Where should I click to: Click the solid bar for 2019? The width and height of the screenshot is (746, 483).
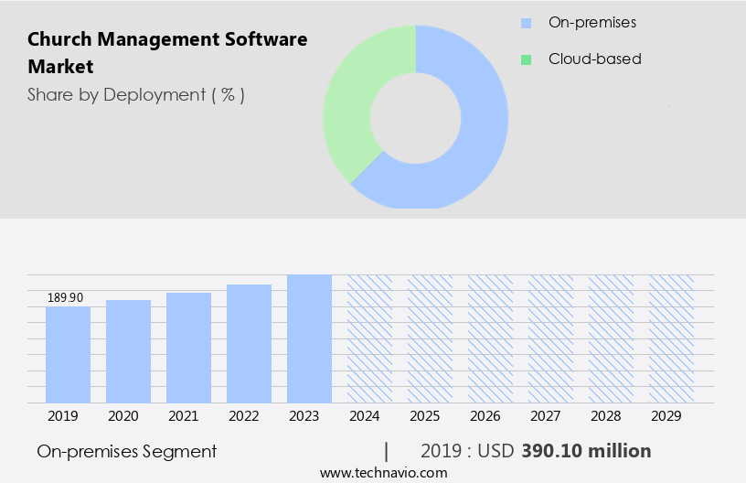pos(68,355)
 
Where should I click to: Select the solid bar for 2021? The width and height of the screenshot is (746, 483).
pos(188,348)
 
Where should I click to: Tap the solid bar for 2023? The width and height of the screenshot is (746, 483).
pos(309,338)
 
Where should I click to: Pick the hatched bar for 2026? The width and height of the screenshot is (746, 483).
pos(490,338)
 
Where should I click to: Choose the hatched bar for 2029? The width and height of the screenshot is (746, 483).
pos(671,338)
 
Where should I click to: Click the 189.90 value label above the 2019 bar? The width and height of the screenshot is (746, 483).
pos(65,297)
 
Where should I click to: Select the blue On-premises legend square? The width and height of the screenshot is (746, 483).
pos(526,22)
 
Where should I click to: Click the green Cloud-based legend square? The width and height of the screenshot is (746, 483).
pos(526,59)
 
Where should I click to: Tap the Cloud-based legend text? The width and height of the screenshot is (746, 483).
pos(594,59)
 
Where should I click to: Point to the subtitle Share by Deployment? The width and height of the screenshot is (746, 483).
pos(135,94)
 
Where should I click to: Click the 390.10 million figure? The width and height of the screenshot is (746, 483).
pos(586,451)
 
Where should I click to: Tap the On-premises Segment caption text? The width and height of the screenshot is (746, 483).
pos(127,451)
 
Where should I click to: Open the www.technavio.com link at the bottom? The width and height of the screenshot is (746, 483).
pos(383,472)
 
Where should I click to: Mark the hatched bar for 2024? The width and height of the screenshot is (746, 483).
pos(369,338)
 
